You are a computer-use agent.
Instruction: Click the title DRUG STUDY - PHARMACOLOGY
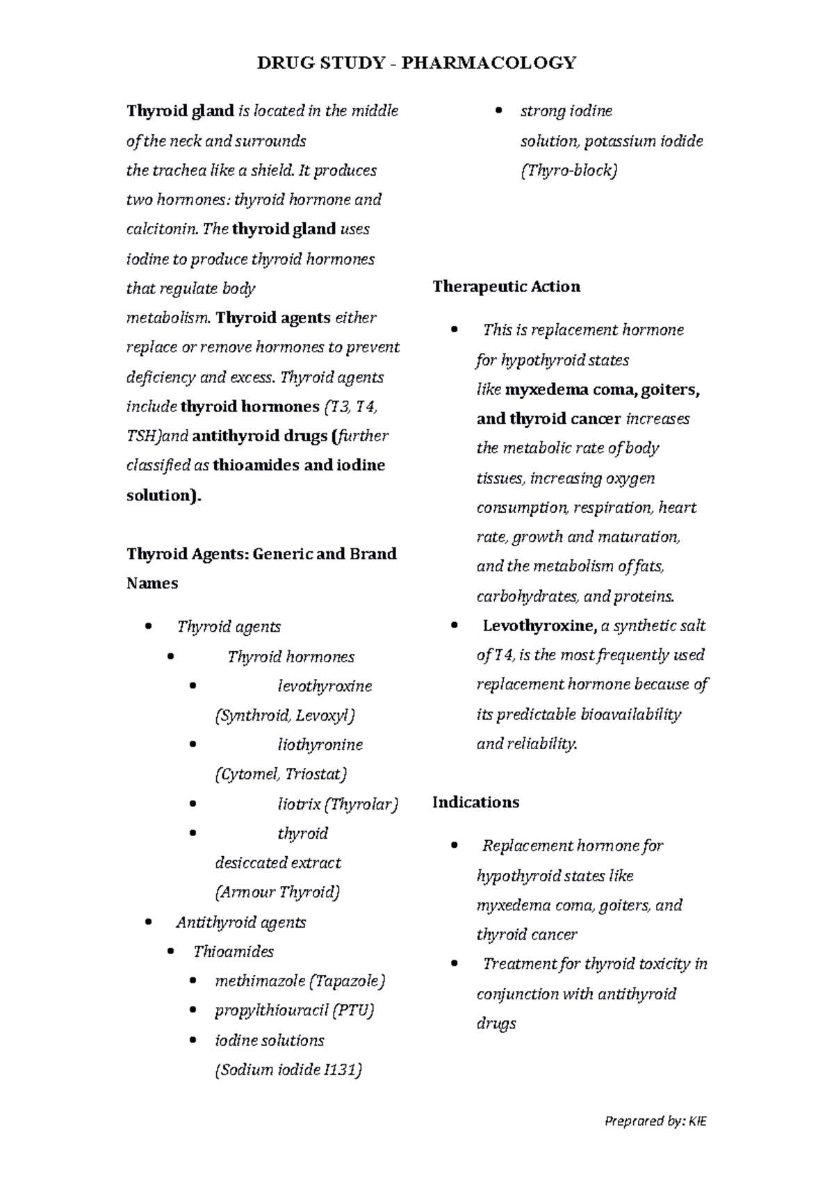(x=416, y=63)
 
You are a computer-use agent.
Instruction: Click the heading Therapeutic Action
(x=506, y=287)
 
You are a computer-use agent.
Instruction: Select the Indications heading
(x=475, y=803)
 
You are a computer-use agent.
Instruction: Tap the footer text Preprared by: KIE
(x=655, y=1121)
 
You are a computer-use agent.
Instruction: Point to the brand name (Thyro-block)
(x=569, y=170)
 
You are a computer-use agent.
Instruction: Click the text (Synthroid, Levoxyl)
(x=286, y=716)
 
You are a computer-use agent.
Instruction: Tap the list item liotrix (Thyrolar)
(x=338, y=805)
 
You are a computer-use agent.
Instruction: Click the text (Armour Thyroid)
(x=278, y=892)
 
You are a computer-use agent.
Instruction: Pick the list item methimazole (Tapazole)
(x=300, y=981)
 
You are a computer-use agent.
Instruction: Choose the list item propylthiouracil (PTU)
(x=295, y=1010)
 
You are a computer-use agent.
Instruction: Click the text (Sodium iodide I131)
(x=288, y=1070)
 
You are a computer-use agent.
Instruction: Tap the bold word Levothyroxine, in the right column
(x=539, y=626)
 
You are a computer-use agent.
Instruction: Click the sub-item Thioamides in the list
(x=234, y=952)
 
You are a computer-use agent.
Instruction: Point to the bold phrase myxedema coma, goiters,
(x=602, y=390)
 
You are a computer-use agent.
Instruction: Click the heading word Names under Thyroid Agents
(x=152, y=584)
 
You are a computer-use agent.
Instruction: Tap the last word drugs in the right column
(x=496, y=1024)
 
